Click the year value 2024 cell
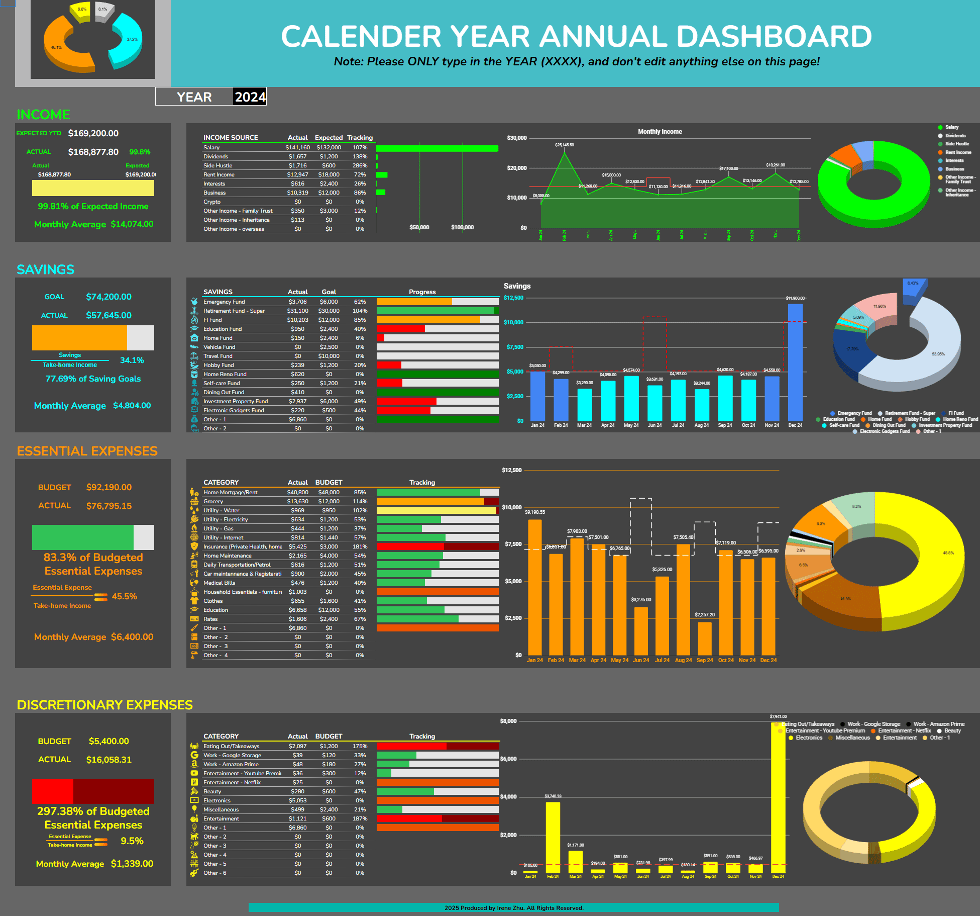pyautogui.click(x=250, y=97)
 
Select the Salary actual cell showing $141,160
pyautogui.click(x=297, y=147)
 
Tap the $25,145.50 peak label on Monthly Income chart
pyautogui.click(x=565, y=145)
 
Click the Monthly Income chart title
pyautogui.click(x=660, y=132)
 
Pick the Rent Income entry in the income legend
pyautogui.click(x=957, y=152)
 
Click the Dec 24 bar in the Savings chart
pyautogui.click(x=795, y=362)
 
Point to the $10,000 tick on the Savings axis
pyautogui.click(x=513, y=322)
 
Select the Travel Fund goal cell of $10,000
pyautogui.click(x=329, y=356)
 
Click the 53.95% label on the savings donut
pyautogui.click(x=938, y=354)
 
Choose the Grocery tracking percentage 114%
pyautogui.click(x=360, y=501)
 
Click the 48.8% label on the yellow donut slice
pyautogui.click(x=948, y=553)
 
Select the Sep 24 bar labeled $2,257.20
pyautogui.click(x=704, y=638)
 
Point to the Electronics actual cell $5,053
pyautogui.click(x=297, y=800)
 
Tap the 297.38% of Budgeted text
pyautogui.click(x=93, y=811)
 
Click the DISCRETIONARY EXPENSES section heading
pyautogui.click(x=104, y=705)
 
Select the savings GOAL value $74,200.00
pyautogui.click(x=108, y=297)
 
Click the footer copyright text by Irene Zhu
pyautogui.click(x=513, y=907)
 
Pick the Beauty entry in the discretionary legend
pyautogui.click(x=952, y=730)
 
